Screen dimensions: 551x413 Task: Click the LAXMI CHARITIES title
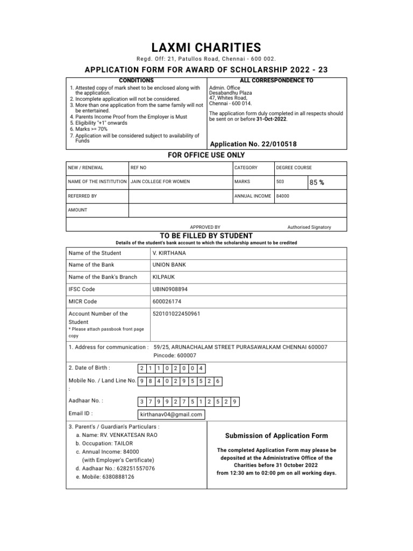206,47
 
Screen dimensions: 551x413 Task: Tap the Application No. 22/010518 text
253,144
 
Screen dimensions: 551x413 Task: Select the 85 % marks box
317,182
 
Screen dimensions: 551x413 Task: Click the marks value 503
280,182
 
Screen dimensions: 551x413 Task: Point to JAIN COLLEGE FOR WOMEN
160,182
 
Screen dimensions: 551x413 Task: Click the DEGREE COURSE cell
294,168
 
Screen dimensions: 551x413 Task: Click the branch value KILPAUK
165,277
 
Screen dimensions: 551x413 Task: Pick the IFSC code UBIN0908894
170,289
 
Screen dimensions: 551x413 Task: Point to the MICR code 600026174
167,301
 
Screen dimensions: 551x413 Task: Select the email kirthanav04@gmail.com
171,414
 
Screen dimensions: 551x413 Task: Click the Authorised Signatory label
309,227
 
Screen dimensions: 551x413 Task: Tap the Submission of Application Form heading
276,435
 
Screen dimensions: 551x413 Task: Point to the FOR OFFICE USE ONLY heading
206,155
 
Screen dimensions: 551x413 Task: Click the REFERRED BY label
82,196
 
